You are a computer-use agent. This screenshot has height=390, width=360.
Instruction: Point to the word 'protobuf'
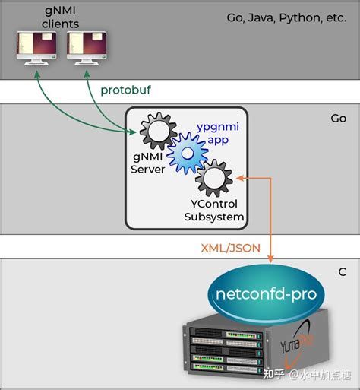click(x=126, y=90)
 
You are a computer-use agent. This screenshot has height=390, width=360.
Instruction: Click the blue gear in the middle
click(x=185, y=154)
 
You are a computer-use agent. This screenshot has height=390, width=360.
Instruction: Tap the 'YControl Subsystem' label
click(x=214, y=211)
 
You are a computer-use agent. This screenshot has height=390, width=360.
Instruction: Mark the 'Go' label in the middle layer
click(x=338, y=119)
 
